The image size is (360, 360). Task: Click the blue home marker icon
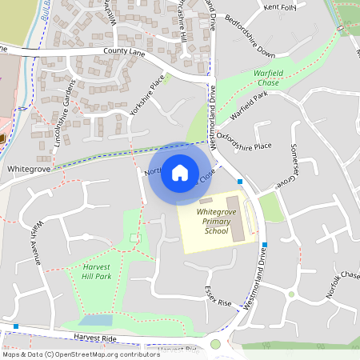point(180,172)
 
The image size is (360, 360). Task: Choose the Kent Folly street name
point(281,8)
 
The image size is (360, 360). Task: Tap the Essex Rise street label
point(217,298)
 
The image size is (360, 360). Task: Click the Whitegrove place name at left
point(29,170)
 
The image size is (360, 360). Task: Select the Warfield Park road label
point(249,108)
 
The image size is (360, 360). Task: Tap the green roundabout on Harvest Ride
point(215,344)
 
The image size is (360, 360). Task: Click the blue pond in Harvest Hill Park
point(96,320)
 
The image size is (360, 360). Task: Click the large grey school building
point(238,217)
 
